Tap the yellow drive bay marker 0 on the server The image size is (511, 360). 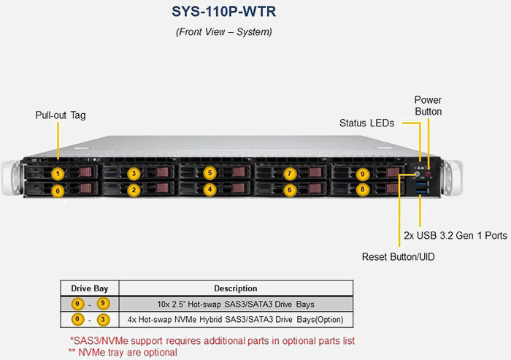pos(58,191)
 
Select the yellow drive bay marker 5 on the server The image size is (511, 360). pos(210,173)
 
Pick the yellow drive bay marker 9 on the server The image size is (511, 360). pos(362,174)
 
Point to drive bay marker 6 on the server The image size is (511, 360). pos(290,190)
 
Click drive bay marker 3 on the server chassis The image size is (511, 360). pos(134,174)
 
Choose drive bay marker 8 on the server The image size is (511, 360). pos(362,189)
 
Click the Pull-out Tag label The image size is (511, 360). pos(61,115)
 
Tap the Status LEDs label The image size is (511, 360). pos(366,123)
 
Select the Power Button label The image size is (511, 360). pos(428,106)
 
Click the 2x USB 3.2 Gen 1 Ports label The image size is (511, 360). pos(456,236)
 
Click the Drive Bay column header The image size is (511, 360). pos(89,288)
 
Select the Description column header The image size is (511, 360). pos(235,288)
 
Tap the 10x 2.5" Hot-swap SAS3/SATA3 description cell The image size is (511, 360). pos(235,304)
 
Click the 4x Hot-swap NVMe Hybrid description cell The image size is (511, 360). pos(235,320)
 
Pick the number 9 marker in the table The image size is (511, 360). pos(103,304)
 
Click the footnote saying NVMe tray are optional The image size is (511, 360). pos(123,352)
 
